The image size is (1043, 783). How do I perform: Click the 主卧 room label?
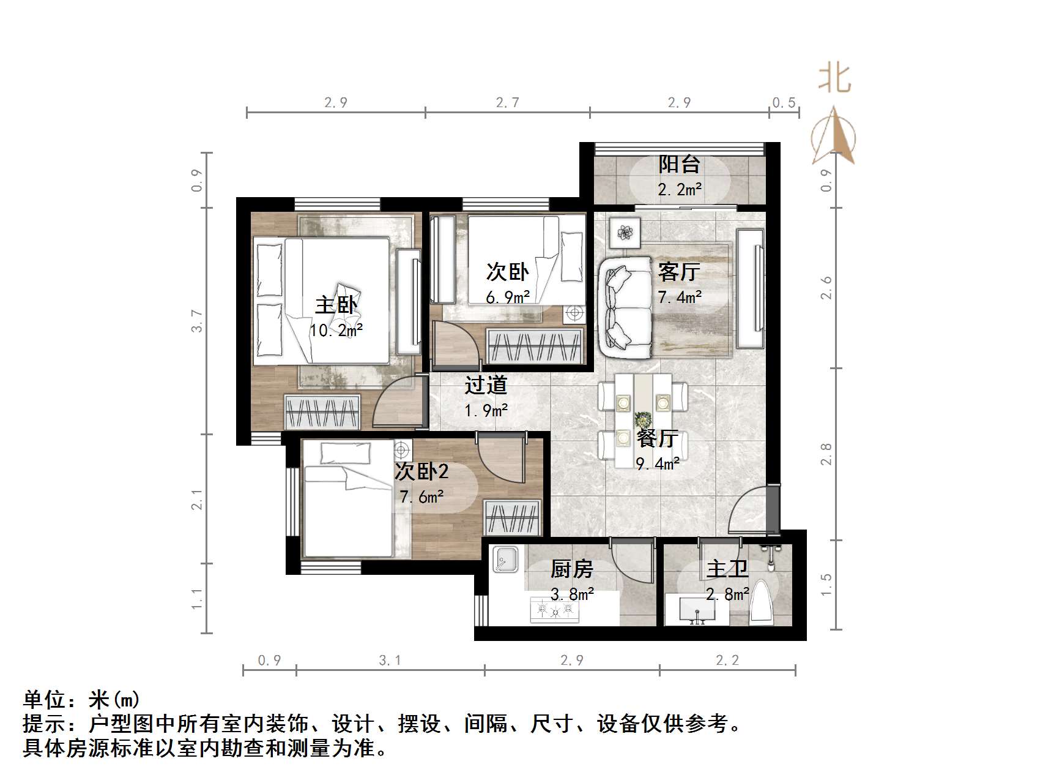[336, 305]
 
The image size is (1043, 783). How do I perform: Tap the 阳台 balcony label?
[679, 164]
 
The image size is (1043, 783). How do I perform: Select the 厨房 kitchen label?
[572, 569]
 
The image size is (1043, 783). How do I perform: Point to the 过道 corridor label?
[486, 385]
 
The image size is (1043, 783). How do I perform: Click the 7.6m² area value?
[422, 496]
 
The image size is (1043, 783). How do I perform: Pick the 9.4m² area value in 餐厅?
[658, 463]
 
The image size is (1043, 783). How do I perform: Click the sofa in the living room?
[625, 307]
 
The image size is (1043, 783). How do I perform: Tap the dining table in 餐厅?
[643, 416]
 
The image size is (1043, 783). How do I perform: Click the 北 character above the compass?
[834, 80]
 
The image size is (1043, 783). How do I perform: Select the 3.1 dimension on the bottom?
[390, 660]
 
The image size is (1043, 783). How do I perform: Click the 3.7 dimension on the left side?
[196, 321]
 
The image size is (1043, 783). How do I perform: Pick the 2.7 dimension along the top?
[507, 102]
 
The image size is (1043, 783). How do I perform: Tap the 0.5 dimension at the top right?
[784, 102]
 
